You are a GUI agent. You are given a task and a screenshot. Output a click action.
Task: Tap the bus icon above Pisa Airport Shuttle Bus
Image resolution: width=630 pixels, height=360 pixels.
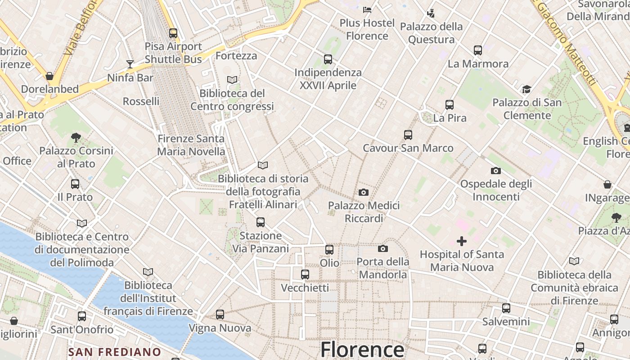coord(173,33)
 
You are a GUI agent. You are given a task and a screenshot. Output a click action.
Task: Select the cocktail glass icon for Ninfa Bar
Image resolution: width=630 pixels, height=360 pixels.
coord(130,64)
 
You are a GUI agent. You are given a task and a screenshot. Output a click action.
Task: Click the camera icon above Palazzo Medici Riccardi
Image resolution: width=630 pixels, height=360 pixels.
coord(364,193)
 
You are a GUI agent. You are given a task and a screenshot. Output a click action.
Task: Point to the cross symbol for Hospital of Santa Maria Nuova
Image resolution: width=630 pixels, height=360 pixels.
coord(462,241)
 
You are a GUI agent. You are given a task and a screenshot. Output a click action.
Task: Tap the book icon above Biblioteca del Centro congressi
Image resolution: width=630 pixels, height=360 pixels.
coord(232,80)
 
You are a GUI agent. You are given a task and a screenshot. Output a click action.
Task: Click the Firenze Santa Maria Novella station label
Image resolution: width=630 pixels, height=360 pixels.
coord(191,145)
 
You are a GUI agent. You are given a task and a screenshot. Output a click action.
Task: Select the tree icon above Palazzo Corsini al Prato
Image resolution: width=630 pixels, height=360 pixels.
coord(76,137)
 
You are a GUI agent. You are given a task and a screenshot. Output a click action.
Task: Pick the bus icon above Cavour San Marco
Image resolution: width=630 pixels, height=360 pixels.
coord(408,135)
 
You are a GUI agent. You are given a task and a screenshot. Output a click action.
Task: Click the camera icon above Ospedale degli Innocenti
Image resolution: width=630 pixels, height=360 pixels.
coord(496,171)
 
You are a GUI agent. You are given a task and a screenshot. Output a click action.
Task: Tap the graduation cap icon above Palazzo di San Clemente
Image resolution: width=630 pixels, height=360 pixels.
coord(526,90)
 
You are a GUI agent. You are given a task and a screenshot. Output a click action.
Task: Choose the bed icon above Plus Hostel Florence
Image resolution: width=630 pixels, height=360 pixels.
coord(367,9)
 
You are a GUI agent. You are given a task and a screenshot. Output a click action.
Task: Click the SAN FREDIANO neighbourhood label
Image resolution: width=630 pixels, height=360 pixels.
coord(115,351)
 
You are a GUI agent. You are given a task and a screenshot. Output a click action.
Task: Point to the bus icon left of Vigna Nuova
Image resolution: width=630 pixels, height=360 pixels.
coord(220,315)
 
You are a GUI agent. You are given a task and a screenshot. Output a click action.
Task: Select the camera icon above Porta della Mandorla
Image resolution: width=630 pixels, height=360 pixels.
coord(383,249)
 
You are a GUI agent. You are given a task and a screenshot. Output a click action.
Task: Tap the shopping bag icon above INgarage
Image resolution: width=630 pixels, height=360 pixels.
coord(607,184)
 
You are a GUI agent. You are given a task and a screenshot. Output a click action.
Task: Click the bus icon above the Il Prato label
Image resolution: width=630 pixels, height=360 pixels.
coord(75,184)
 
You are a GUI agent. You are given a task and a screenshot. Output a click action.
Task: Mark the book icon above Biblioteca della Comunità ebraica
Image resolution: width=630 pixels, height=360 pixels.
coord(574,261)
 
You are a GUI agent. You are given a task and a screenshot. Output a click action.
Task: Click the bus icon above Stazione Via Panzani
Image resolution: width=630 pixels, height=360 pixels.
coord(261,222)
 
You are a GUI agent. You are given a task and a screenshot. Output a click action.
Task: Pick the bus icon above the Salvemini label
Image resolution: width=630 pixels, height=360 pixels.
coord(506,308)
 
